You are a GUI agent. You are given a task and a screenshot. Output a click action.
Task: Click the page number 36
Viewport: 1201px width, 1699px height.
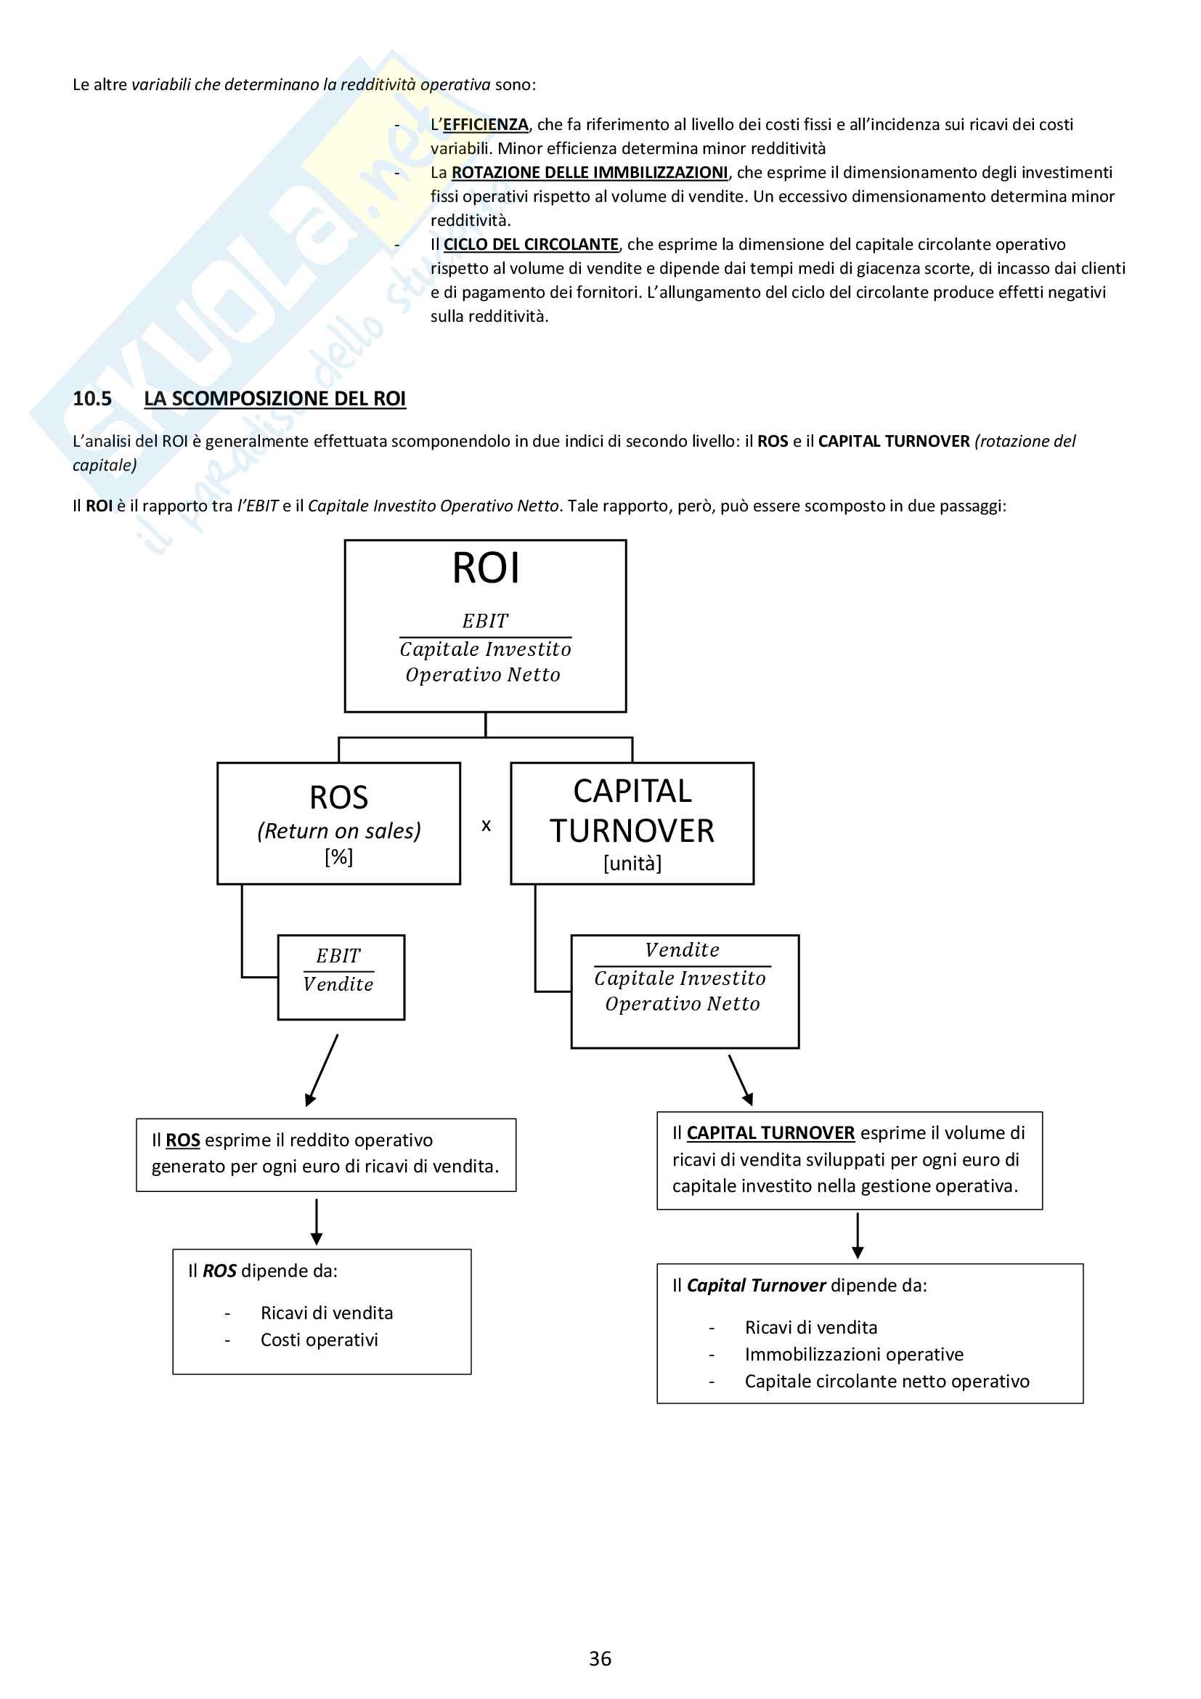click(600, 1658)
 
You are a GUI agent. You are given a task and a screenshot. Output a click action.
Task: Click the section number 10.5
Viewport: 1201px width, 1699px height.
click(91, 399)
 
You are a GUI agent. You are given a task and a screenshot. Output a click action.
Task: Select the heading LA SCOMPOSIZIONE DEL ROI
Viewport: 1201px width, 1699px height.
click(274, 399)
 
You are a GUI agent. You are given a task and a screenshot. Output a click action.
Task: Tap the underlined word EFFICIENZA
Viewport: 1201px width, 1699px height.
click(485, 124)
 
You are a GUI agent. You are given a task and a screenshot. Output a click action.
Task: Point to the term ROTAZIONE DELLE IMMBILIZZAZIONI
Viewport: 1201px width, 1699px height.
click(590, 172)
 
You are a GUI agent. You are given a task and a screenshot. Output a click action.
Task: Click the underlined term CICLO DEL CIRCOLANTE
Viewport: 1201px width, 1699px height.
click(531, 244)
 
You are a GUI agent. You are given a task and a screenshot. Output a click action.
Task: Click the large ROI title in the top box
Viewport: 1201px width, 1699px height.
click(486, 569)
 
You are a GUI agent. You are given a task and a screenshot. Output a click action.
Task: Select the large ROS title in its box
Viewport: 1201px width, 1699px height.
click(338, 798)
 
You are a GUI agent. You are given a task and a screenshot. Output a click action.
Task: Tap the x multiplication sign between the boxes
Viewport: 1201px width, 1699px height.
click(486, 825)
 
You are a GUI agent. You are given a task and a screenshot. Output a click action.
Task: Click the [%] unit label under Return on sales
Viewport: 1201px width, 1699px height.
click(338, 856)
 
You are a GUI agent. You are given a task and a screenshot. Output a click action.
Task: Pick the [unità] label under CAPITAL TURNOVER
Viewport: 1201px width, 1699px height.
click(632, 863)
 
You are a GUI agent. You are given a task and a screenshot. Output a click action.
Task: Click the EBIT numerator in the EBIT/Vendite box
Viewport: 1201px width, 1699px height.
click(338, 956)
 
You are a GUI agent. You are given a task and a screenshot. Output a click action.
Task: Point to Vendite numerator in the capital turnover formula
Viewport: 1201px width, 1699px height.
click(682, 950)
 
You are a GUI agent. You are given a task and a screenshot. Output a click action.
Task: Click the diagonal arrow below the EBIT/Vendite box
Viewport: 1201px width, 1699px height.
click(322, 1070)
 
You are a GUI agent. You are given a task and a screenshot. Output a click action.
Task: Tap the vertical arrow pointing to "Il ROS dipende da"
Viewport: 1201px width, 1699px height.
click(317, 1222)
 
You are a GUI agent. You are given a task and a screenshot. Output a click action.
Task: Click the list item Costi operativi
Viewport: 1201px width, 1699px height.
click(319, 1339)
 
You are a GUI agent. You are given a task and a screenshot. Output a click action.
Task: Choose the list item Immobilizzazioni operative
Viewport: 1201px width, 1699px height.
click(854, 1354)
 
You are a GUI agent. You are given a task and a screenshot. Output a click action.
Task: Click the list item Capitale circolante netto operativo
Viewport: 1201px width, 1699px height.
click(887, 1381)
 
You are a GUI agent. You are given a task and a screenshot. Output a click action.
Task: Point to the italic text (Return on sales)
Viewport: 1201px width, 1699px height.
click(338, 831)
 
